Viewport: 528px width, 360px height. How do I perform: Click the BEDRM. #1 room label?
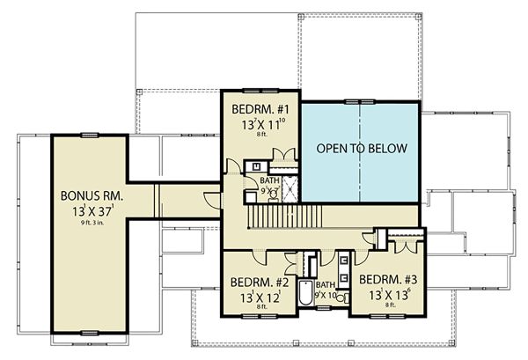(x=257, y=109)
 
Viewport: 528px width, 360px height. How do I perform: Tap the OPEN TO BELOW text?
(x=361, y=148)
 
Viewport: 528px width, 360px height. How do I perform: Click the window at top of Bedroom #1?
(x=256, y=89)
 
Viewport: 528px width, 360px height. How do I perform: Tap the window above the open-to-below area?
(x=360, y=101)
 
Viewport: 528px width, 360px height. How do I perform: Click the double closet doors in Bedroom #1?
(x=282, y=157)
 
